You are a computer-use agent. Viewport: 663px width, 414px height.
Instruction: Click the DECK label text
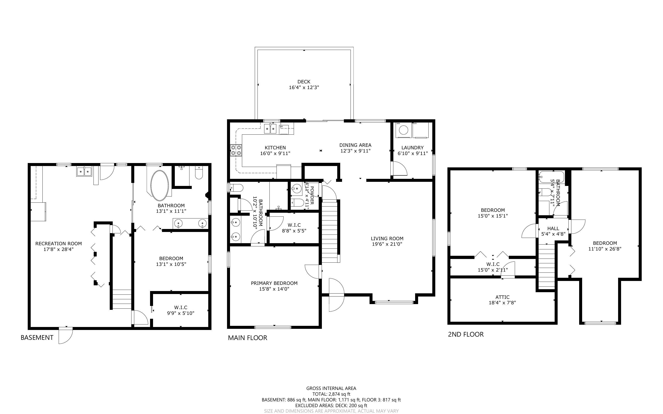(x=304, y=82)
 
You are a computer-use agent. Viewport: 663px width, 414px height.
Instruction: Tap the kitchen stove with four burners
(x=236, y=150)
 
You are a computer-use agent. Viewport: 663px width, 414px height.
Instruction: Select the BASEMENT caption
(x=37, y=338)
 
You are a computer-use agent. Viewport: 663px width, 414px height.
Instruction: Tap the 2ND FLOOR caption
(x=466, y=334)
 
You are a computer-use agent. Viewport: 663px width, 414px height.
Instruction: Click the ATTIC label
(x=502, y=297)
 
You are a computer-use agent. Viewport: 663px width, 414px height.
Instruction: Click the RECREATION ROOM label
(x=58, y=243)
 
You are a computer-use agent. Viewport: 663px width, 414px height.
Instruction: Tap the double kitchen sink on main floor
(x=270, y=128)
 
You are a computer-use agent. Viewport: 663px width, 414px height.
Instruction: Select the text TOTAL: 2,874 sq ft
(x=331, y=394)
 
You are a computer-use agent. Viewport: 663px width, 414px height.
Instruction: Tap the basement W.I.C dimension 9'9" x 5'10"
(x=181, y=313)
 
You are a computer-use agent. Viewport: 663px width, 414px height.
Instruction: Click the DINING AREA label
(x=355, y=145)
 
